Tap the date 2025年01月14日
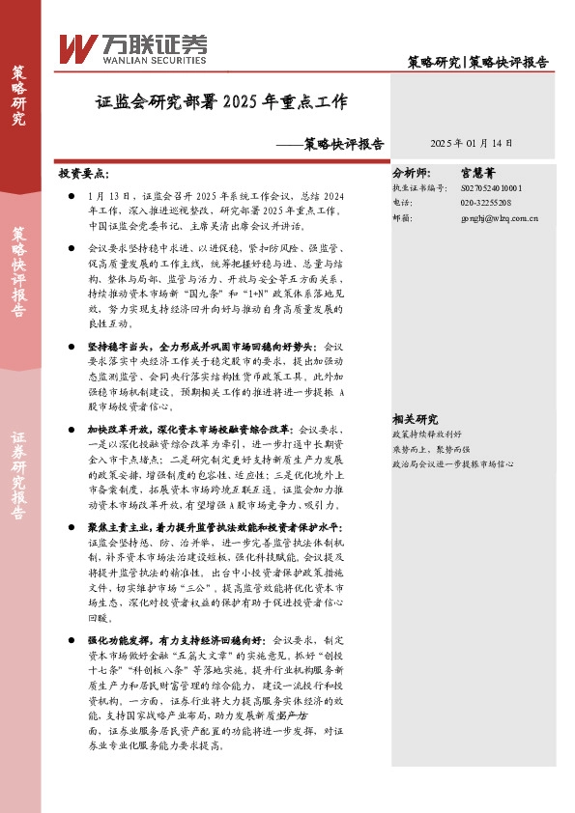472,143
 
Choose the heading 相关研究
415,419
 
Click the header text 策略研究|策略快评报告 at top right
477,61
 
